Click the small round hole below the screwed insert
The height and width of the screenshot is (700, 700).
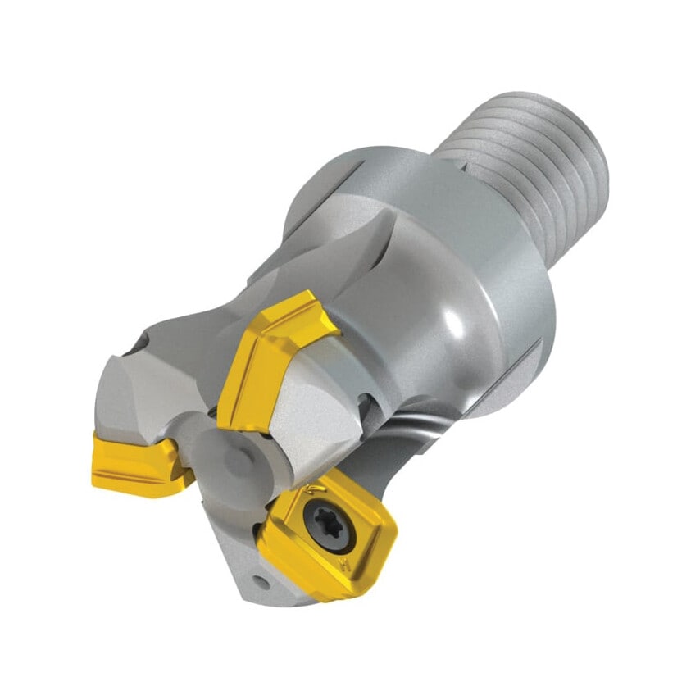[261, 581]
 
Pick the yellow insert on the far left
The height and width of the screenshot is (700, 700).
[137, 464]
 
